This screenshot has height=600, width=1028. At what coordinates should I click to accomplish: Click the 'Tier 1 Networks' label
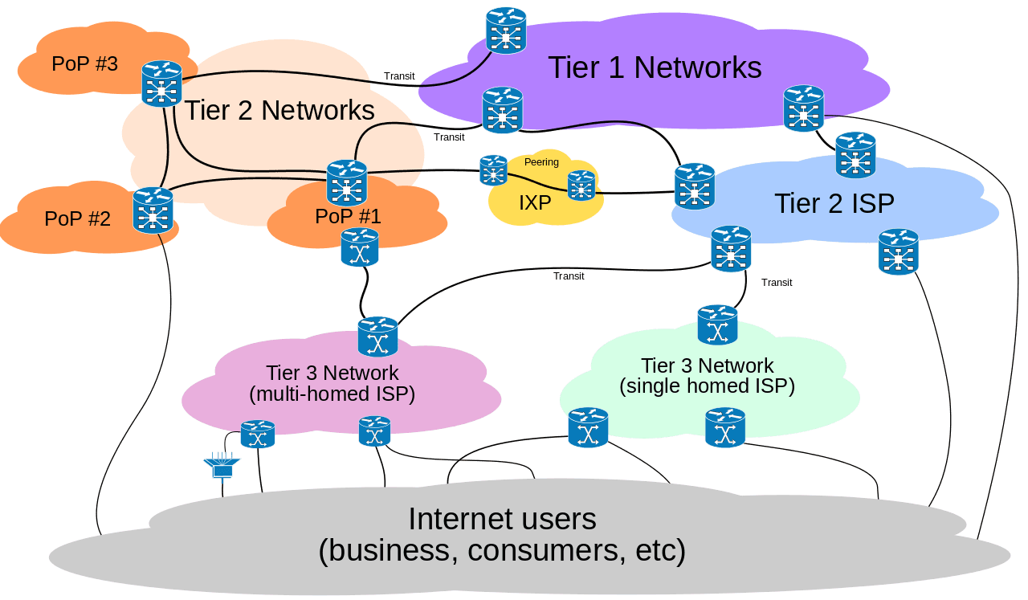coord(655,67)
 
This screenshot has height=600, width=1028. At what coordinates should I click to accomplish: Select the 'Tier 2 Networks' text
coord(279,110)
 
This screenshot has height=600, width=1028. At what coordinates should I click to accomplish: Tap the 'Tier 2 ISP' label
coord(834,204)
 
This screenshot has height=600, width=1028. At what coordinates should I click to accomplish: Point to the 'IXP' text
coord(535,203)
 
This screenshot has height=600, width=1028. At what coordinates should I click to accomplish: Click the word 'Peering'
coord(541,162)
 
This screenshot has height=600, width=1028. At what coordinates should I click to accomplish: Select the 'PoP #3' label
coord(84,63)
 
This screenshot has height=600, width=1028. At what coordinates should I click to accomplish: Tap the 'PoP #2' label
coord(77,218)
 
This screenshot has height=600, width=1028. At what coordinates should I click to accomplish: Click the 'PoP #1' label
coord(348,216)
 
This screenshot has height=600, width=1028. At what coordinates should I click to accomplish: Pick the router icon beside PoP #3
coord(161,84)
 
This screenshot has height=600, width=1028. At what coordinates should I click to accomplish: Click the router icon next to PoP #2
coord(153,210)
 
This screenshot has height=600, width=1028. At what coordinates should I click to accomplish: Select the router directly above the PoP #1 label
coord(347,182)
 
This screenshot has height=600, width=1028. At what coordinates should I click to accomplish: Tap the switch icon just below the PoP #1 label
coord(360,247)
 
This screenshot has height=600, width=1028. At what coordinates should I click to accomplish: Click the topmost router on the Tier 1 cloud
coord(506,31)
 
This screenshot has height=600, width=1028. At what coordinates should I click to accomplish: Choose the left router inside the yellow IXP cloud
coord(493,170)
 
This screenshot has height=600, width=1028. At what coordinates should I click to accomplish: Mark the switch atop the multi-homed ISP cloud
coord(377,337)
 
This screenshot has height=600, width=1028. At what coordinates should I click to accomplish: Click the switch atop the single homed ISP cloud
coord(717,324)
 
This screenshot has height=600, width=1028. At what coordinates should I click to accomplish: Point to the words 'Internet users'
coord(502,519)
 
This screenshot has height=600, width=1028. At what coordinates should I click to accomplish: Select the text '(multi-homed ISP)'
coord(332,394)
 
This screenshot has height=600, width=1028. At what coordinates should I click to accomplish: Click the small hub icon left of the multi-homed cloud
coord(222,467)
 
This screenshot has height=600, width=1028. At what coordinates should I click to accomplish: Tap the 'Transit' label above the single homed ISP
coord(777,283)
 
